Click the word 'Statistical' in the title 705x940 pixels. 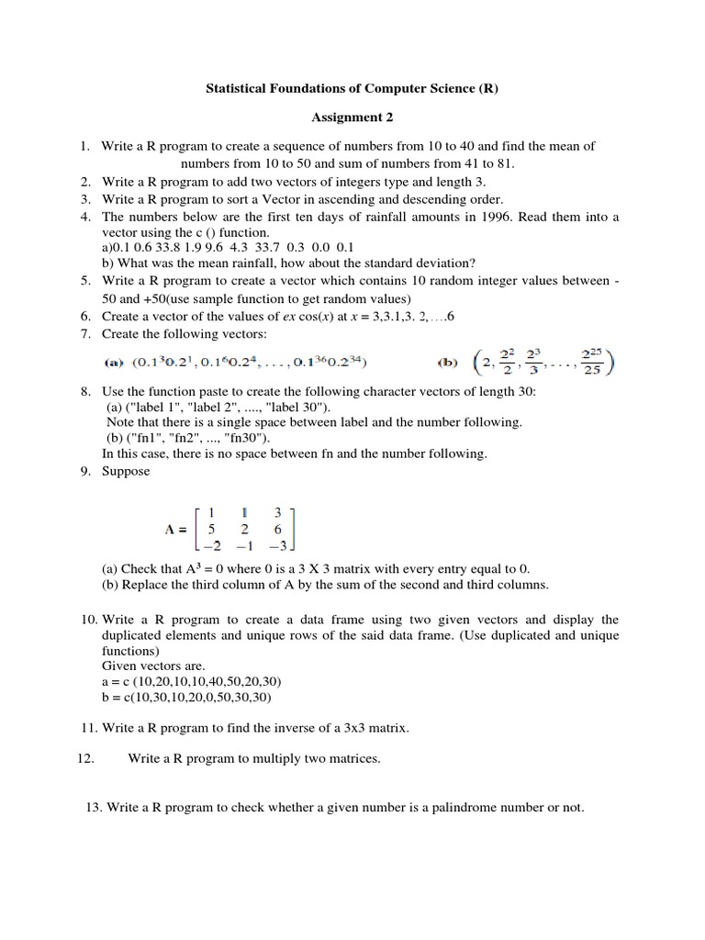(235, 88)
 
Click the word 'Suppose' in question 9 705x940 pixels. (126, 471)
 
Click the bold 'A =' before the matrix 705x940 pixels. (176, 529)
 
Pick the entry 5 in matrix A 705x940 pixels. (211, 529)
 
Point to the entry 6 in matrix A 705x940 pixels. (277, 529)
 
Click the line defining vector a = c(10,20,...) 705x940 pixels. (192, 681)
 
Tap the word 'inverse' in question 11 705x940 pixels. (285, 728)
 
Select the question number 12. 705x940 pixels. (80, 758)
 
